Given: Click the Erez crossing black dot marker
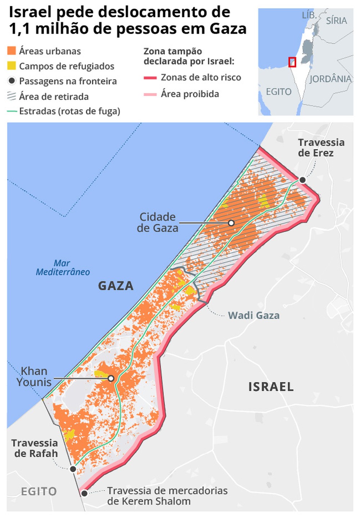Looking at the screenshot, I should coord(302,180).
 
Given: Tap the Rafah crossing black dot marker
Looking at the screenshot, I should coord(73,469).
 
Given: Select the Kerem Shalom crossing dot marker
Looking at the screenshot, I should coord(84,493).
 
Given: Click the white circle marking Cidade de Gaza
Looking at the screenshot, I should coord(231,223).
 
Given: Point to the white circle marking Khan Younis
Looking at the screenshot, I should coord(111,378).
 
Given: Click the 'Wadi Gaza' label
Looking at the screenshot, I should coord(253,315).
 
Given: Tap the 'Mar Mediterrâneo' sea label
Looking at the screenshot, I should coord(63,268).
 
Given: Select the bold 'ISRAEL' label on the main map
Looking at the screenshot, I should coord(271,387).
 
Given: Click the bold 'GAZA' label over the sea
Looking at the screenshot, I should coord(116,286).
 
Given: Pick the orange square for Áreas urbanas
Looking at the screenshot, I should coord(12,51).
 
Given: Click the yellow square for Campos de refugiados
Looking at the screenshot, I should coord(12,66).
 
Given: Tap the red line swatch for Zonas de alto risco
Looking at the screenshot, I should coord(150,77).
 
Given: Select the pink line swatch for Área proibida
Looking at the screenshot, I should coord(150,94).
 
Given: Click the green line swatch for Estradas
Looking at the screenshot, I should coord(12,111).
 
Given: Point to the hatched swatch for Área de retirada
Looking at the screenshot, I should coord(12,96).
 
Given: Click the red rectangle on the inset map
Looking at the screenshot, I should coord(292,62).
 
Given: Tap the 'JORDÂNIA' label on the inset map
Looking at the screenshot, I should coord(330,79).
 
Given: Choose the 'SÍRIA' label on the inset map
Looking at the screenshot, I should coord(336,21).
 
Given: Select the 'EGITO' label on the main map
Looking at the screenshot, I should coord(39,491).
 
